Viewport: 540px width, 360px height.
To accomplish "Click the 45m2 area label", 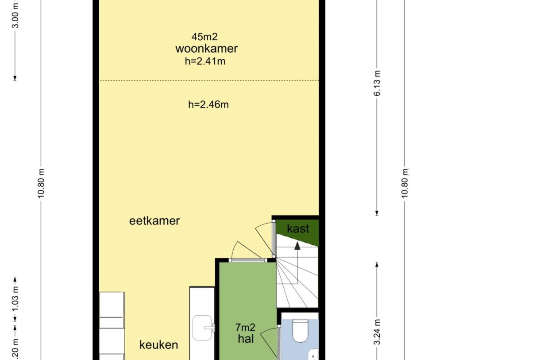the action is pos(204,37).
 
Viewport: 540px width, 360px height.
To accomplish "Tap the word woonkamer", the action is pos(207,49).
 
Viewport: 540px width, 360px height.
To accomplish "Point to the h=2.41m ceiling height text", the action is pos(205,61).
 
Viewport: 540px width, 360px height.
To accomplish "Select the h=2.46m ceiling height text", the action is pos(208,105).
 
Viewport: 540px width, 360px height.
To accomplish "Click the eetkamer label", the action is pos(154,221).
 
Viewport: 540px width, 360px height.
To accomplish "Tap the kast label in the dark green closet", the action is pos(298,228).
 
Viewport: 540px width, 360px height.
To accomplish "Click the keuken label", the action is pos(159,345).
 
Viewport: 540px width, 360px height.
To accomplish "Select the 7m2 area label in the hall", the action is pos(245,327).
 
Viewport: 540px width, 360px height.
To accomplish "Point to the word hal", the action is pos(246,339).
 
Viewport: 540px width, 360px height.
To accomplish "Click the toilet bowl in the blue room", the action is pos(301,331).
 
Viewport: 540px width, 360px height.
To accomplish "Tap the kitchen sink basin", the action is pos(202,328).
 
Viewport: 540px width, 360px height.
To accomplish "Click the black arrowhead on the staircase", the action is pos(297,246).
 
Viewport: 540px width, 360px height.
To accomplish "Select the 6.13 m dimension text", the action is pos(377,83).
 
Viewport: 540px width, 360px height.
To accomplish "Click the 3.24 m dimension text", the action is pos(377,332).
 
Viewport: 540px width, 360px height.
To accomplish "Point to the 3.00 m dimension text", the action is pos(15,15).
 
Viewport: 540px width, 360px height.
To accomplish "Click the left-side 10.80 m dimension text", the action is pos(41,183).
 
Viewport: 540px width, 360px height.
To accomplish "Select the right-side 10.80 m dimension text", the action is pos(405,183).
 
